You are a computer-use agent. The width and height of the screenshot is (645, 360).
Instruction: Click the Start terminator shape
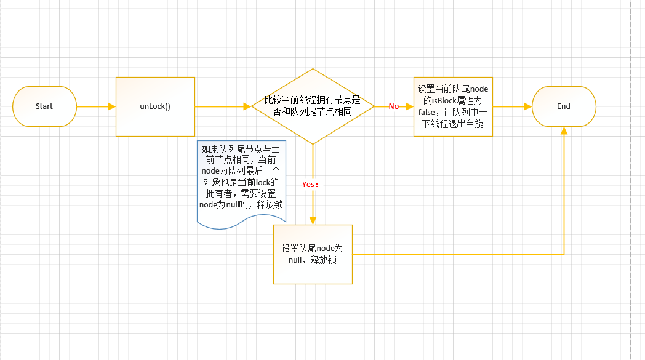44,106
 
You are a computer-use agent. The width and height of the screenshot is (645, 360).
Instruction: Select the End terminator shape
564,106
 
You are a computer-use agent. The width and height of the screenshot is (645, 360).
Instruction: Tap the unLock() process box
155,106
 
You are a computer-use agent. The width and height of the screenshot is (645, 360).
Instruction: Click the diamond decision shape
313,106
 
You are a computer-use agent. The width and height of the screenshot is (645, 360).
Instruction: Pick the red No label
393,106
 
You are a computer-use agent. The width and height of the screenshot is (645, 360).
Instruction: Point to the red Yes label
309,184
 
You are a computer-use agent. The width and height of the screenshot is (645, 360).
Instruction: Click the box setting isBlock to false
453,106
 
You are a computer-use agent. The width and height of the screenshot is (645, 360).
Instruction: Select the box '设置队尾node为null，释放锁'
313,254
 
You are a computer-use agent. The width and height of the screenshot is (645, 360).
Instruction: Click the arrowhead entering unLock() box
112,106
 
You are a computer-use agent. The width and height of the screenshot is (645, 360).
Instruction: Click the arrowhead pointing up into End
564,131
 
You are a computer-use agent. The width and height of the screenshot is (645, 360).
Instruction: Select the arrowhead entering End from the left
528,106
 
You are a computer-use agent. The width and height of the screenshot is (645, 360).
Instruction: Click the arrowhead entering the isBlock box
410,106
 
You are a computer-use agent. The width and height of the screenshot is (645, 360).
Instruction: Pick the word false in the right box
427,111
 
